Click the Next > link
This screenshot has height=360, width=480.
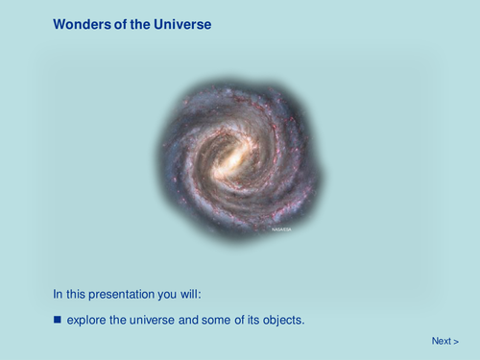tap(444, 341)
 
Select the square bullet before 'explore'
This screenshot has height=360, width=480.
tap(57, 318)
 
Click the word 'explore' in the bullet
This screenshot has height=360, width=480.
tap(86, 319)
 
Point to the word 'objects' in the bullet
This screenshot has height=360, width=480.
tap(282, 319)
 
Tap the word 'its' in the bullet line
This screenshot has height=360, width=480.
tap(252, 319)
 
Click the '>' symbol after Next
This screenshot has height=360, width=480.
tap(456, 341)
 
